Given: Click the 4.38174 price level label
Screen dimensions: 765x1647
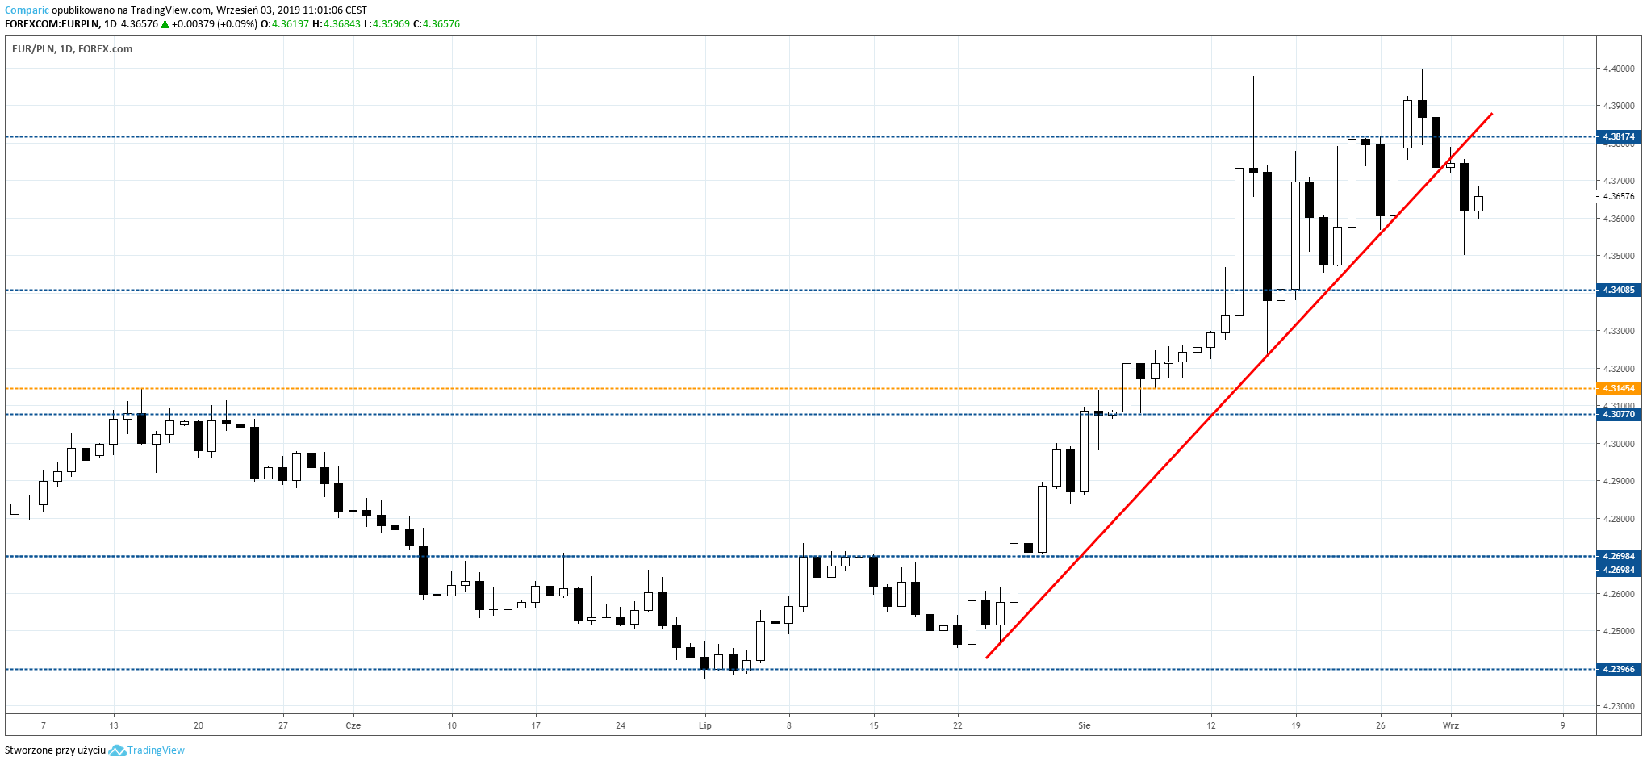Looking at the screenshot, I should pos(1618,136).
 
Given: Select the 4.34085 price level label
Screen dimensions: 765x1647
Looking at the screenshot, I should pos(1618,290).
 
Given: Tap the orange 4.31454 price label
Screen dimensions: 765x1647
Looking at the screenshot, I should pos(1618,388).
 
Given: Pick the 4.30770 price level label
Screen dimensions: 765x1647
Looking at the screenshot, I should pos(1618,414).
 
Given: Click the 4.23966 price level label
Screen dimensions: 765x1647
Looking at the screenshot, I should pos(1618,669).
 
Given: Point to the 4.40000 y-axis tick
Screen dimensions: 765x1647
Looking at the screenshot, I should pos(1618,69).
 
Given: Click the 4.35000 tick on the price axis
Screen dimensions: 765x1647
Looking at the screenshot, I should pos(1618,256).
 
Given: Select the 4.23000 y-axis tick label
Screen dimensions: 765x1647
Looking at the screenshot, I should pos(1618,706).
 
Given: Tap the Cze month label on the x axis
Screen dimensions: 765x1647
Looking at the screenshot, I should pos(353,725).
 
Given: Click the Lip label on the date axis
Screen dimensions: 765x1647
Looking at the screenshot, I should pos(704,725).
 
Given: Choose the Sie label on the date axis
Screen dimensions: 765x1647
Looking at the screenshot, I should pos(1084,725).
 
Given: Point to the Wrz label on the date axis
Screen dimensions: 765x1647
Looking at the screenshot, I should pos(1450,725).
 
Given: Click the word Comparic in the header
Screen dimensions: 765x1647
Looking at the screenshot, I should pos(27,10).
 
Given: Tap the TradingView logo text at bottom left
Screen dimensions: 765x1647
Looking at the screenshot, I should pos(155,750).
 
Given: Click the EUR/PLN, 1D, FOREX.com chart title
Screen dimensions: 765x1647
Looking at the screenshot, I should pos(73,49).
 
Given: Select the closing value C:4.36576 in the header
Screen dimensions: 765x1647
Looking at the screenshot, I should pos(437,24).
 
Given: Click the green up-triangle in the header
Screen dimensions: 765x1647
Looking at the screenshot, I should pos(165,24).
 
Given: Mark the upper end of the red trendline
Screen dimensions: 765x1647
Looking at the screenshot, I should pos(1492,114).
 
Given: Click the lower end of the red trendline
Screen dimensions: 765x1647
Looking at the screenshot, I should pos(987,658).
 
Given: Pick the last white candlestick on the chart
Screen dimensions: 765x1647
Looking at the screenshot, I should pos(1478,203).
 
